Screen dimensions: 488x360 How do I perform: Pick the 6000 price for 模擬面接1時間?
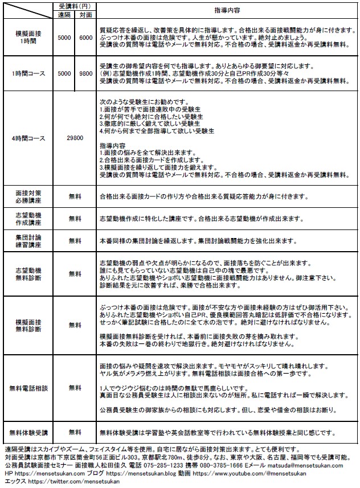click(x=86, y=37)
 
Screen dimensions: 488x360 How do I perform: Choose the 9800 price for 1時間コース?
click(x=86, y=73)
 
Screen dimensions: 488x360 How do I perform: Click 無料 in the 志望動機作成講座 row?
click(x=75, y=219)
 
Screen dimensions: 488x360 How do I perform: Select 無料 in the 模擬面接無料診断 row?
click(x=75, y=325)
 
